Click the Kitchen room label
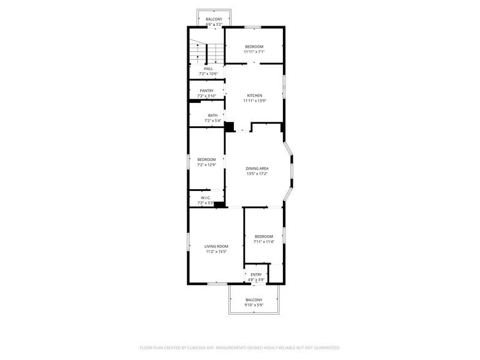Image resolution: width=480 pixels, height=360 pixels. point(255,96)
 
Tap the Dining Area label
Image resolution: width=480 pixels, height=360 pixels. point(257,168)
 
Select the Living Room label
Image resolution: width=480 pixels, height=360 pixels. point(216,246)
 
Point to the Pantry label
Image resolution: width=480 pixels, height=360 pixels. point(206,91)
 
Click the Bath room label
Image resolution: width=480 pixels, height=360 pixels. point(212,115)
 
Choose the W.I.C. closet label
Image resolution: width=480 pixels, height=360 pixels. point(206,197)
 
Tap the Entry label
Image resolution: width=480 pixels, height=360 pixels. point(256,274)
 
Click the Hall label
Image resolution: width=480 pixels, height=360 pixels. point(208,69)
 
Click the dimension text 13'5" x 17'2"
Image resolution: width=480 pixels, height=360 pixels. point(257,174)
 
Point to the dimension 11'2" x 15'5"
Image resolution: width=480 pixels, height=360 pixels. point(216,252)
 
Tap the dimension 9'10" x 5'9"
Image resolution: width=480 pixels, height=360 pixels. point(253,305)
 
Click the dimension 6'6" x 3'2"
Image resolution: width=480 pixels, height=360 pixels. point(214,25)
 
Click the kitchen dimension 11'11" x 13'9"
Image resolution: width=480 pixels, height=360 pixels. point(255,101)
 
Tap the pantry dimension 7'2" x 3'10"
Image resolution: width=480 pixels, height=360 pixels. point(206,96)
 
